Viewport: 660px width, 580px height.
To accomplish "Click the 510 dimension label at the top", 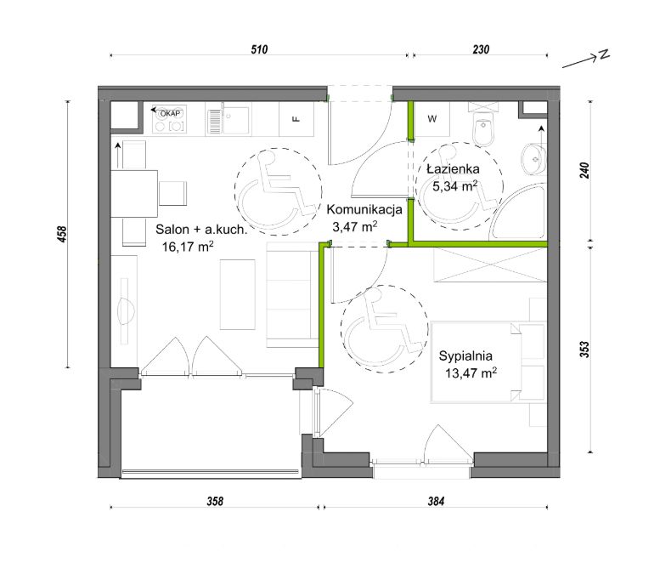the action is [x=259, y=49].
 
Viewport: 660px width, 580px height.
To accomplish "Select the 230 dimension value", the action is [x=481, y=49].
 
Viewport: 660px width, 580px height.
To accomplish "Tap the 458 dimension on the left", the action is [x=62, y=235].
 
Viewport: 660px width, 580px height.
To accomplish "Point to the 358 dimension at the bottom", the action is [x=215, y=501].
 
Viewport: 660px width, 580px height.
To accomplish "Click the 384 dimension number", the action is [x=436, y=501].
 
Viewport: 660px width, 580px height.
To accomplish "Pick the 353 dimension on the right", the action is [x=584, y=350].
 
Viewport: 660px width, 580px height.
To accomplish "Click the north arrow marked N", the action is [x=586, y=60].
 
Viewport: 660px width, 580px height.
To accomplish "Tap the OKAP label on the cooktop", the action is [x=170, y=113].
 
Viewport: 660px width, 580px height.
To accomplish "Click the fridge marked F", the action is [x=296, y=119].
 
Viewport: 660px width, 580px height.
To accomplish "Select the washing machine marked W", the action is [x=432, y=119].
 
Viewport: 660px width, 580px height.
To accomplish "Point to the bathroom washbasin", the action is [x=533, y=159].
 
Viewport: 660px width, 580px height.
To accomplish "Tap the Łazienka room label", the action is [x=453, y=169].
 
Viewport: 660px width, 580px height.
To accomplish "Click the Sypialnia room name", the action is [x=465, y=355].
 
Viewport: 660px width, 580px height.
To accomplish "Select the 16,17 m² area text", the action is [x=188, y=246].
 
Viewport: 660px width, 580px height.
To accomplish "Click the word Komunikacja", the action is [x=364, y=209].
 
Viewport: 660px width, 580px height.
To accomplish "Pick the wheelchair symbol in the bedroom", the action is [x=384, y=329].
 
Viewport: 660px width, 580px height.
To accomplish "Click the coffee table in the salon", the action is [x=237, y=294].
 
